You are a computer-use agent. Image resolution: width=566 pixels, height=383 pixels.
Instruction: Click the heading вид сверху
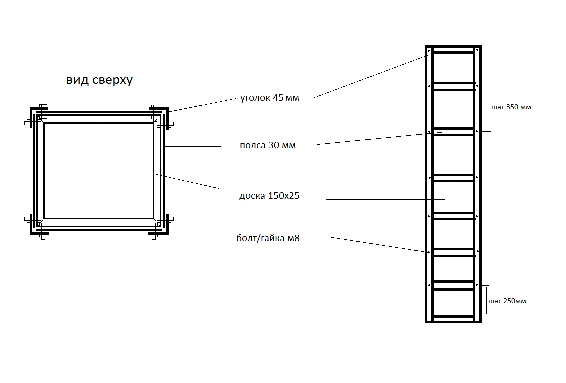point(99,80)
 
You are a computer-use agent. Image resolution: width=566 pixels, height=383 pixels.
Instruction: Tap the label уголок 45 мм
point(269,98)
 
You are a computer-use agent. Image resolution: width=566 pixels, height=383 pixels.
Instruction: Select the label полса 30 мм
point(268,145)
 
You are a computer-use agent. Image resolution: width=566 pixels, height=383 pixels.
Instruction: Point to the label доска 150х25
point(269,196)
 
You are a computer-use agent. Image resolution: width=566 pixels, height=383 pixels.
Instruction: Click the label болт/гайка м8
point(268,238)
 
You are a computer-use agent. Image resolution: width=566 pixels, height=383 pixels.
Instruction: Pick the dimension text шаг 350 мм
point(511,107)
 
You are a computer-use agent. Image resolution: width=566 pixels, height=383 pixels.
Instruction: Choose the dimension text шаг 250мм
point(507,301)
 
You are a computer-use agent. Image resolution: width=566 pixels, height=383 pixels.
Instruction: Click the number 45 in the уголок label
point(278,98)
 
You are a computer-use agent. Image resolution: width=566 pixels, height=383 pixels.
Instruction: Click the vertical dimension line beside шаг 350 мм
point(488,107)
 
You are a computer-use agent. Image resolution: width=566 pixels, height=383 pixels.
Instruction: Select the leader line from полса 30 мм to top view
point(193,146)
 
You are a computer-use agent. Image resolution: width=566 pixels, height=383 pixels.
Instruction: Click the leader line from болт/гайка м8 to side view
point(377,244)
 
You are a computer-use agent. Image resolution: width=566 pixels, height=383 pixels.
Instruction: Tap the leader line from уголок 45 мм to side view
point(371,76)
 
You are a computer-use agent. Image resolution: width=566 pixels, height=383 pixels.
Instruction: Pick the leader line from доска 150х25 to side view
point(385,199)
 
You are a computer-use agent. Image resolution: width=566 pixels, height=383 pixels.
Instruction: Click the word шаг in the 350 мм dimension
point(498,107)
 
